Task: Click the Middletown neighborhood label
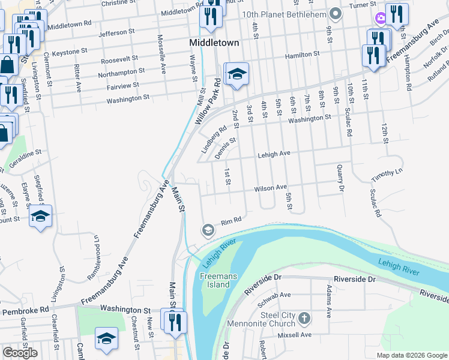pyautogui.click(x=214, y=43)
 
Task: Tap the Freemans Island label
pyautogui.click(x=214, y=280)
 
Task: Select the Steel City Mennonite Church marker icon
pyautogui.click(x=304, y=317)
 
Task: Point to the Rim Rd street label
pyautogui.click(x=231, y=221)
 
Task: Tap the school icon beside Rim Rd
pyautogui.click(x=208, y=230)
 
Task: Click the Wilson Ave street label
pyautogui.click(x=270, y=188)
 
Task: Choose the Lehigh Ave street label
pyautogui.click(x=274, y=154)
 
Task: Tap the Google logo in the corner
pyautogui.click(x=20, y=353)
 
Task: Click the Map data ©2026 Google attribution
pyautogui.click(x=411, y=355)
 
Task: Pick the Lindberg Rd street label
pyautogui.click(x=214, y=138)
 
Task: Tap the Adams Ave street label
pyautogui.click(x=328, y=301)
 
